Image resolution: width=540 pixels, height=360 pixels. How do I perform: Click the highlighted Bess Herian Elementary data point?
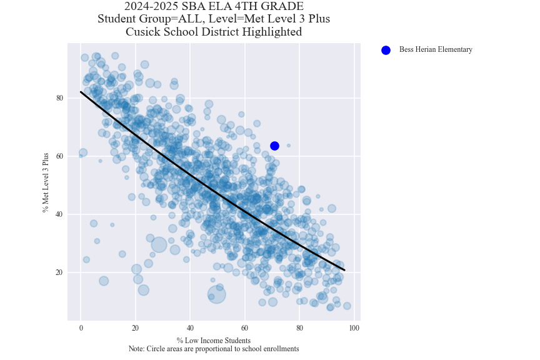274,146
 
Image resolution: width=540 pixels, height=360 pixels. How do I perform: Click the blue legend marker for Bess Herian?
386,50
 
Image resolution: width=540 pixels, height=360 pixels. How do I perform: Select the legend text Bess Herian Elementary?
436,50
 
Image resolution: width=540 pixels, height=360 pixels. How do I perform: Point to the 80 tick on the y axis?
60,98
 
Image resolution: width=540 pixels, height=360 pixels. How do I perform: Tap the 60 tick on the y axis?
60,156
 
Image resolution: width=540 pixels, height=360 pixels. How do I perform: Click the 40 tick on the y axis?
60,214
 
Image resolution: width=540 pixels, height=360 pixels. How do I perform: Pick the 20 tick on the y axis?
60,272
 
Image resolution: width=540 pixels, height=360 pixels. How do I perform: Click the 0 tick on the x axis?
81,328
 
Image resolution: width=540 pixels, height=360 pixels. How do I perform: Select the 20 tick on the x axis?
136,328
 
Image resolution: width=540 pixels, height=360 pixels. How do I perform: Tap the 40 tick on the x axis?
190,328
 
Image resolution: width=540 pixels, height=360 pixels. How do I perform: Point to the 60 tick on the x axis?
245,328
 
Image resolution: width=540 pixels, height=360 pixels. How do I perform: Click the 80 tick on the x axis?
299,328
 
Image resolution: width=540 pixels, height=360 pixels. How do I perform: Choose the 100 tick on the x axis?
354,328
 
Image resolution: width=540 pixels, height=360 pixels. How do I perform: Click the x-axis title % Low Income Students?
214,341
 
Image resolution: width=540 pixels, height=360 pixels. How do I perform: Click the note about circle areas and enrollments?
214,349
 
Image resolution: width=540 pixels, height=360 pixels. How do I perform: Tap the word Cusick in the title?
143,32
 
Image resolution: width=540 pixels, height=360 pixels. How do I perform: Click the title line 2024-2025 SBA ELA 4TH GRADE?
214,7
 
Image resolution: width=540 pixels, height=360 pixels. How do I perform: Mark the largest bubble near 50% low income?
216,294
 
